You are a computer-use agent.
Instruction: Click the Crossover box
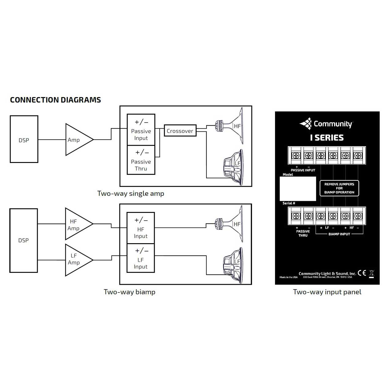coord(180,130)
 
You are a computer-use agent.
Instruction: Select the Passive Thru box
coord(141,160)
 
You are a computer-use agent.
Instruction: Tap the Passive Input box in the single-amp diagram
coord(141,130)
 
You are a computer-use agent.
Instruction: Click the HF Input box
coord(141,228)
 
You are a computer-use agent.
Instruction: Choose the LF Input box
coord(141,258)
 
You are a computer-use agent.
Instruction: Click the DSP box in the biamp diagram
coord(24,240)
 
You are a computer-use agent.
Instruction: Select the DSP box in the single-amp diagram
coord(24,139)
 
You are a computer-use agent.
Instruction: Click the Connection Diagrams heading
coord(55,100)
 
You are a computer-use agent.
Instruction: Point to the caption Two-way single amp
coord(130,194)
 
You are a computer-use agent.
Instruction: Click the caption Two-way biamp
coord(130,292)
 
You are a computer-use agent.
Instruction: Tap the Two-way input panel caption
coord(327,292)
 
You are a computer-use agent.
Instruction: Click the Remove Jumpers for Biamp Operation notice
coord(339,188)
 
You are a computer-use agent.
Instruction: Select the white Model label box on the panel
coord(298,189)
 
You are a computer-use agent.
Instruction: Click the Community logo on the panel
coord(326,124)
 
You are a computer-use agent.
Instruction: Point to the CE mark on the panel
coord(362,273)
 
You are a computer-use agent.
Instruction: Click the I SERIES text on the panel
coord(327,138)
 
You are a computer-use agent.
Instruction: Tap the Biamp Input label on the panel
coord(339,234)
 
